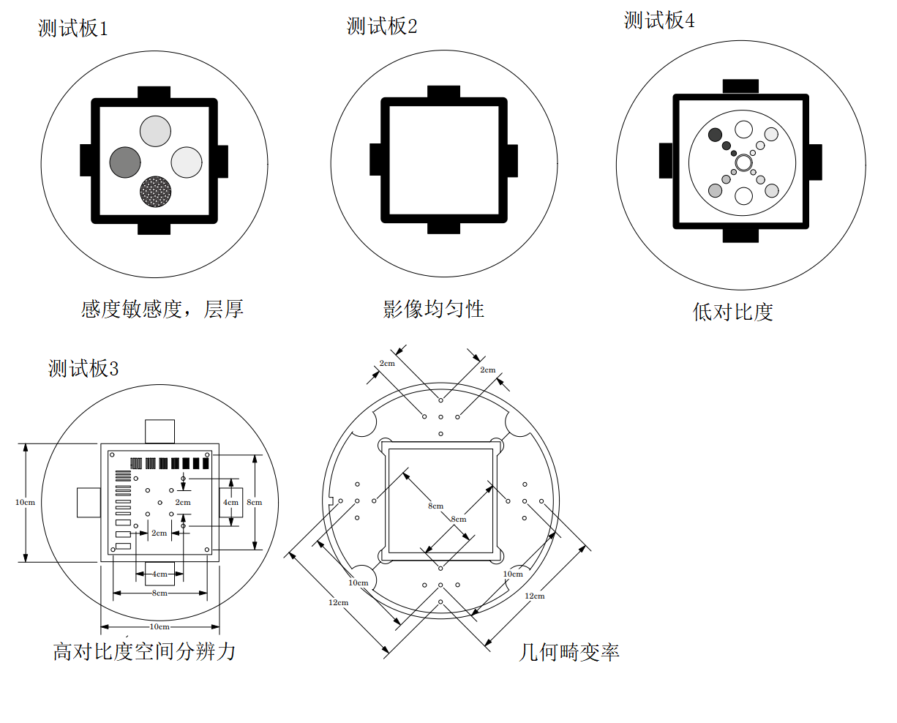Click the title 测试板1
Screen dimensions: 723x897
(72, 29)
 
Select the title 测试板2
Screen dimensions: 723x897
(382, 26)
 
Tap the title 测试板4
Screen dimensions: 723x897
(659, 20)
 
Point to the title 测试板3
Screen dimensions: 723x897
(83, 368)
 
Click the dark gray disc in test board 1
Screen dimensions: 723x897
(125, 162)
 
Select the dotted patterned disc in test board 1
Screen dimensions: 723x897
(156, 192)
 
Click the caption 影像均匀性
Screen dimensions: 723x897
(433, 309)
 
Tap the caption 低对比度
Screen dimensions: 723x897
(732, 312)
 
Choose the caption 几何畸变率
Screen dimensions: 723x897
(569, 652)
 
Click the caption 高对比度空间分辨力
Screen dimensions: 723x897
(143, 651)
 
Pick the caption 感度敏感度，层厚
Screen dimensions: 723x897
(162, 309)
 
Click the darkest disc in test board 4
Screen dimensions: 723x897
(715, 135)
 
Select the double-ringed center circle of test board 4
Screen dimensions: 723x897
(744, 162)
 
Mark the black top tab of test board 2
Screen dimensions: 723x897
(443, 91)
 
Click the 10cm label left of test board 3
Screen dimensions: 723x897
(25, 503)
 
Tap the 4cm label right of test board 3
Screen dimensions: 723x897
(230, 503)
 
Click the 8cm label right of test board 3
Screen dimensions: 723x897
(254, 503)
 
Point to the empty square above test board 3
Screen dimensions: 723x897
(159, 431)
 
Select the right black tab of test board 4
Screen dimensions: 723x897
(815, 162)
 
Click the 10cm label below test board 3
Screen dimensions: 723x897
(159, 627)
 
